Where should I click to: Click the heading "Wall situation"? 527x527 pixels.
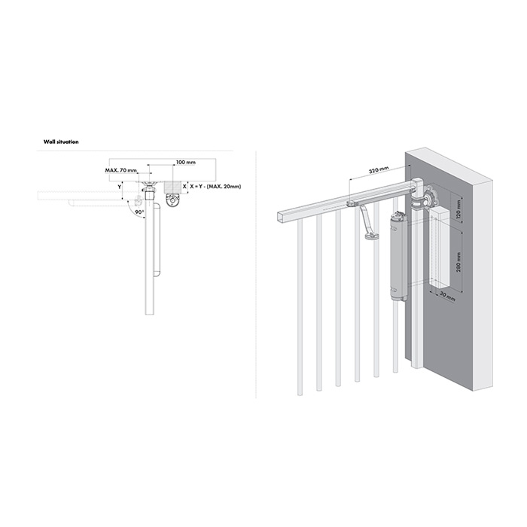click(61, 142)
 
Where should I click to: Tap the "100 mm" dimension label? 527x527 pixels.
click(186, 163)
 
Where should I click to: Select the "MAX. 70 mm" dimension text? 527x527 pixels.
click(121, 170)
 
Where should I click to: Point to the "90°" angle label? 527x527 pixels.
click(139, 212)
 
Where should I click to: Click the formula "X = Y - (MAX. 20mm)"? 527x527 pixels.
click(215, 186)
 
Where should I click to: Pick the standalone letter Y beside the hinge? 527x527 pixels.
click(119, 187)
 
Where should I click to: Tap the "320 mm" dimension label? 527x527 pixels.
click(379, 170)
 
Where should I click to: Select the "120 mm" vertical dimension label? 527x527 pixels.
click(458, 209)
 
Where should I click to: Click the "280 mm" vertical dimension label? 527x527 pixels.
click(458, 262)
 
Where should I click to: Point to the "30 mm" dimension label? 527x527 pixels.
click(447, 297)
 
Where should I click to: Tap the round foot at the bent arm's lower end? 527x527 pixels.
click(371, 236)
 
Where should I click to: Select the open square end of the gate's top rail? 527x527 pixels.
click(282, 217)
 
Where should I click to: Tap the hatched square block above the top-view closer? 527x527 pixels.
click(172, 187)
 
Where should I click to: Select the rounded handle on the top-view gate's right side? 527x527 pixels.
click(157, 239)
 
